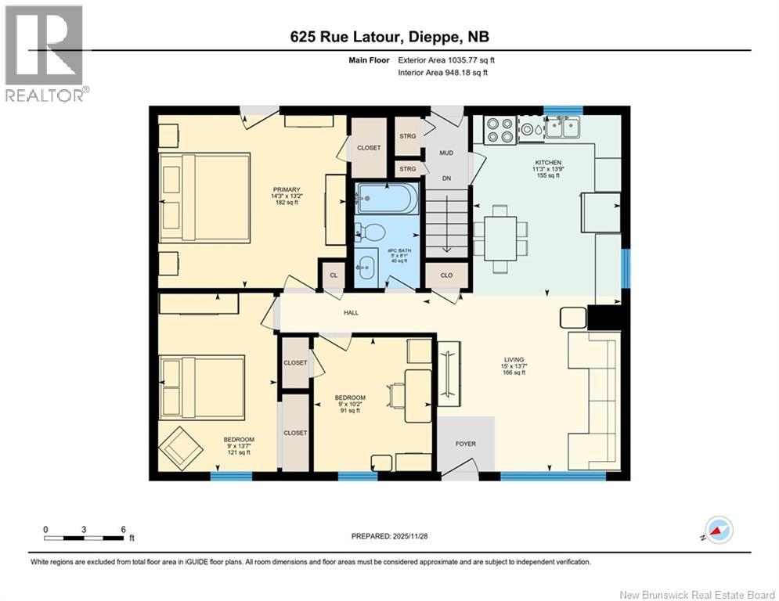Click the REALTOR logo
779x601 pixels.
(45, 53)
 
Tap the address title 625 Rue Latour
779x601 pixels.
(389, 37)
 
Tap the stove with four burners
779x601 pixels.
(499, 129)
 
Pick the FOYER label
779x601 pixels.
(466, 444)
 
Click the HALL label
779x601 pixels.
(350, 313)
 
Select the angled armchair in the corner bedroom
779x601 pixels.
(179, 448)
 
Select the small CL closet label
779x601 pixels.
(333, 275)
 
